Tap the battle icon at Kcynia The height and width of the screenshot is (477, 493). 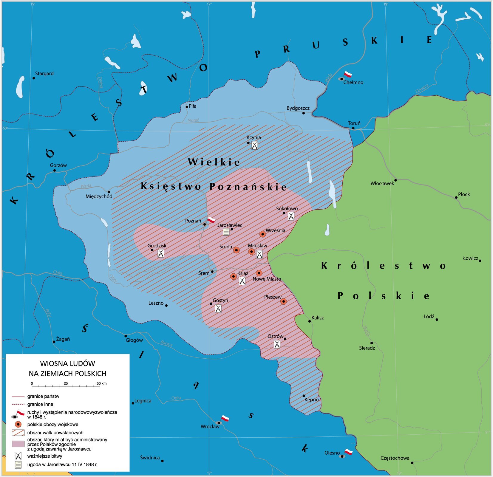click(x=254, y=145)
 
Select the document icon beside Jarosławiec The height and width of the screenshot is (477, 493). click(x=226, y=232)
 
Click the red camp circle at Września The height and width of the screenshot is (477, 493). click(x=262, y=234)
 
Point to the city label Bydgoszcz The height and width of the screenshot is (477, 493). click(x=298, y=108)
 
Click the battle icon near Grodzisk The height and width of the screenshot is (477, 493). click(x=161, y=253)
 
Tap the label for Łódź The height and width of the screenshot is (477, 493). click(x=429, y=317)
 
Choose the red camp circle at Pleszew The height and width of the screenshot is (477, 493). click(x=284, y=301)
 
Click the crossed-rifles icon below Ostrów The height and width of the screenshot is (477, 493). click(x=277, y=344)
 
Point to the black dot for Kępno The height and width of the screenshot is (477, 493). click(x=304, y=396)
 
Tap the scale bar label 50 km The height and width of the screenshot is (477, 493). click(x=101, y=383)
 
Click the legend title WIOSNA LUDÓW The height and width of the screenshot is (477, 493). click(x=67, y=363)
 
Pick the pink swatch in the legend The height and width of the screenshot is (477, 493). click(x=18, y=444)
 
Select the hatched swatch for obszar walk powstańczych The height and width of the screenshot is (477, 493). click(x=18, y=433)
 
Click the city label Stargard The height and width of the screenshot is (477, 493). click(x=44, y=73)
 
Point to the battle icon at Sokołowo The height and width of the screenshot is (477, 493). click(x=291, y=216)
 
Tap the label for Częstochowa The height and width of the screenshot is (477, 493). click(x=395, y=458)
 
